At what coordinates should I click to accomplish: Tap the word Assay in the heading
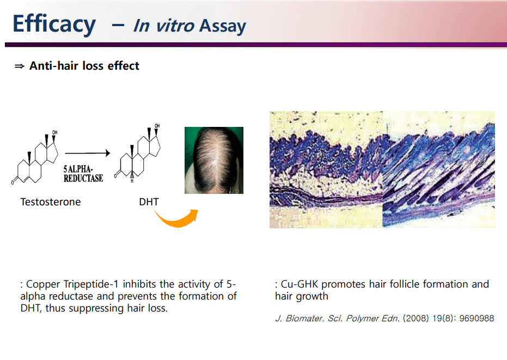[x=222, y=26]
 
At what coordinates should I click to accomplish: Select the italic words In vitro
[x=163, y=26]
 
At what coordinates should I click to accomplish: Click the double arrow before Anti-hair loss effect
[x=20, y=66]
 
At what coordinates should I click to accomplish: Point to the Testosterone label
[x=51, y=202]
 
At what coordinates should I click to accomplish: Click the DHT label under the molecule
[x=149, y=202]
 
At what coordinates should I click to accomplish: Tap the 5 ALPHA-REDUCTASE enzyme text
[x=83, y=174]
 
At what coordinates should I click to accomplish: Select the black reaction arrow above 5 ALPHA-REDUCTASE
[x=88, y=153]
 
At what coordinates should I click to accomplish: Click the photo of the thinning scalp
[x=213, y=161]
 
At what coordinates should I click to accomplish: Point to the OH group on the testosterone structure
[x=55, y=132]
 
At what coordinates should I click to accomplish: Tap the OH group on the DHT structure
[x=157, y=125]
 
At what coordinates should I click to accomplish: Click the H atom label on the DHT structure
[x=132, y=181]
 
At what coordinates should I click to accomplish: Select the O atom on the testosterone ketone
[x=13, y=182]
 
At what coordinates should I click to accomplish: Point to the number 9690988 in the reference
[x=477, y=318]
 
